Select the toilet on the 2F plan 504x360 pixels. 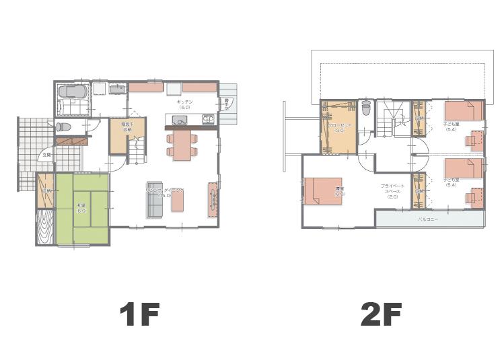tap(366, 108)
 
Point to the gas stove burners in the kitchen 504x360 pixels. tap(208, 120)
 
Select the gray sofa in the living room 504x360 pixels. tap(154, 200)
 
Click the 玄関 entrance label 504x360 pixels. tap(46, 155)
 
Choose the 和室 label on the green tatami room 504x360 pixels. tap(81, 208)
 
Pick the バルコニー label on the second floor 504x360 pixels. tap(428, 219)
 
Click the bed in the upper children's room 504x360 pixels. tap(464, 110)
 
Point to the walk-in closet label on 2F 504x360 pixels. tap(338, 128)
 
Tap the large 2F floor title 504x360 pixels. tap(380, 315)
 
